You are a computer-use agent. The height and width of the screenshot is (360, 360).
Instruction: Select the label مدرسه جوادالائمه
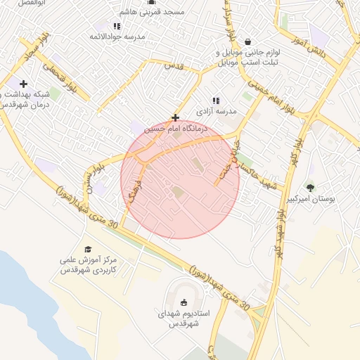point(120,36)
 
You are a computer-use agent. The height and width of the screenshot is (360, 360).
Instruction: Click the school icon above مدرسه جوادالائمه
point(117,26)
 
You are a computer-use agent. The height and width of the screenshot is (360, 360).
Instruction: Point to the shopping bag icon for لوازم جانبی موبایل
point(247,41)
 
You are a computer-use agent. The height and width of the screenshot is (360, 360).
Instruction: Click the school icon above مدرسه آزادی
point(216,101)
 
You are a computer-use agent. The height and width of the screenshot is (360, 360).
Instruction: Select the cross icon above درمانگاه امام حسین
point(175,118)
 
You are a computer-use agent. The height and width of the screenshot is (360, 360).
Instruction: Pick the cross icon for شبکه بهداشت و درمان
point(24,84)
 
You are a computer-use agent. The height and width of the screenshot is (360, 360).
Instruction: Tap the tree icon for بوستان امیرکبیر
point(310,188)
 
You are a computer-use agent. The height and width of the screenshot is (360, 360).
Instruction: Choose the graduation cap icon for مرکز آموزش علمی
point(88,249)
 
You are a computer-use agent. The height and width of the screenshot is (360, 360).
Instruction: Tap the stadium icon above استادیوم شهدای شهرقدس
point(184,303)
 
